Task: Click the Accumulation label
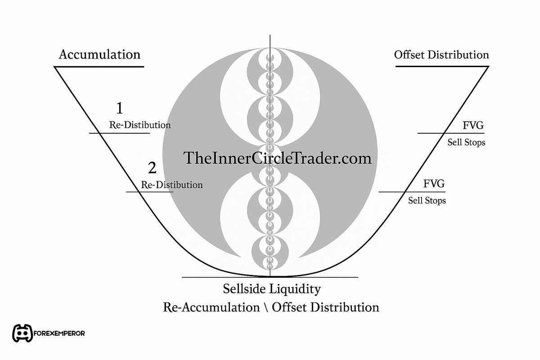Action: pyautogui.click(x=100, y=55)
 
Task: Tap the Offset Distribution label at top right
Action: pyautogui.click(x=441, y=55)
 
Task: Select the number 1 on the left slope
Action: pyautogui.click(x=119, y=108)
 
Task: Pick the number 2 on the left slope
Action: pyautogui.click(x=152, y=168)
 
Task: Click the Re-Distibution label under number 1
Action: pyautogui.click(x=140, y=125)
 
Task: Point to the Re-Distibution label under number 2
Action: pyautogui.click(x=171, y=184)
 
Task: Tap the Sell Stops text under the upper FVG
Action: pyautogui.click(x=466, y=143)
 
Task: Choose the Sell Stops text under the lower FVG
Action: pyautogui.click(x=427, y=200)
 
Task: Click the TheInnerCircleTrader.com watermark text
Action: pyautogui.click(x=277, y=158)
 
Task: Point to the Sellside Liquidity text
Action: pyautogui.click(x=272, y=288)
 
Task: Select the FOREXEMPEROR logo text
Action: pyautogui.click(x=59, y=334)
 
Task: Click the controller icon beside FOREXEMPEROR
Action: pyautogui.click(x=23, y=333)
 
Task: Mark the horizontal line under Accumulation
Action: pyautogui.click(x=99, y=67)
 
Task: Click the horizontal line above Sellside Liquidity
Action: pyautogui.click(x=270, y=277)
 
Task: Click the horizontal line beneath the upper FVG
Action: pyautogui.click(x=451, y=133)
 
